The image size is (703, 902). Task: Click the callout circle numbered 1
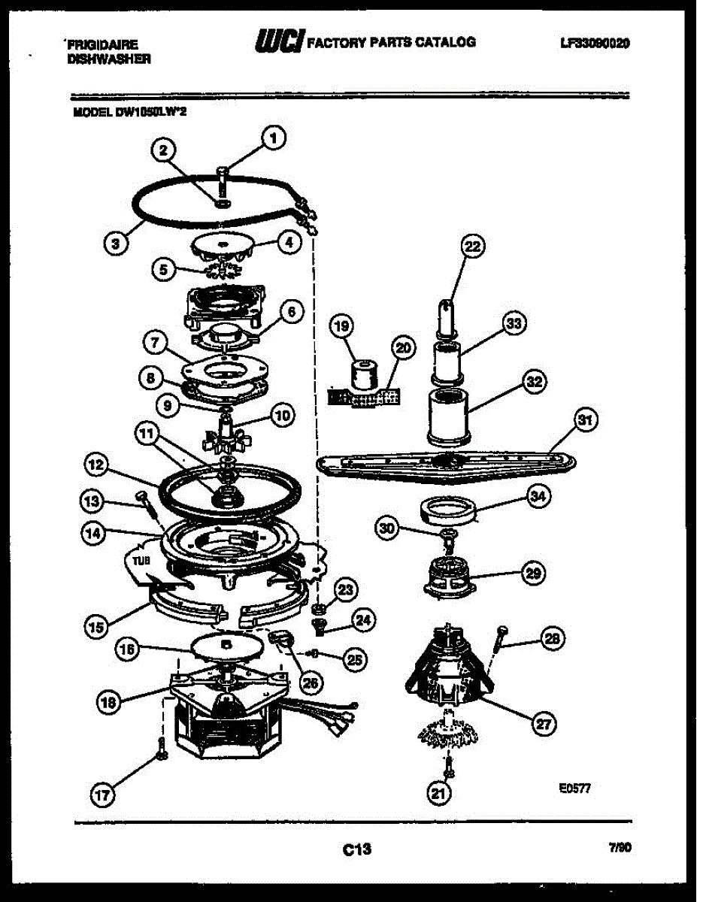tap(273, 138)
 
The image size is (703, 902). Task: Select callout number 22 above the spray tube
tap(473, 247)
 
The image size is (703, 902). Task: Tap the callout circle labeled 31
tap(584, 420)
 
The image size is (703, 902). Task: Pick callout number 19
tap(343, 326)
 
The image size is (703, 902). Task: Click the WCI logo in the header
tap(280, 41)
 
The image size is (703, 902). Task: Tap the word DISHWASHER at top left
tap(110, 59)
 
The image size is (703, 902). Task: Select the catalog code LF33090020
tap(594, 43)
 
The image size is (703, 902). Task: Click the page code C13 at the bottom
tap(356, 850)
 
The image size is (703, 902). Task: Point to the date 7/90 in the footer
tap(620, 847)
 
